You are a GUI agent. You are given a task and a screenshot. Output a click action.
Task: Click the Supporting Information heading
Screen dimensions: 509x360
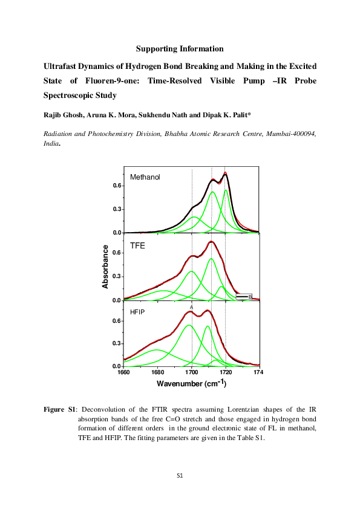click(180, 48)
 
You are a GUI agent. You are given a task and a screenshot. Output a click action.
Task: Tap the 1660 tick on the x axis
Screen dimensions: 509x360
click(123, 372)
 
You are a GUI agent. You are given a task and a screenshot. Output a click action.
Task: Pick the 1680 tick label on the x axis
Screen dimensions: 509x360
click(158, 372)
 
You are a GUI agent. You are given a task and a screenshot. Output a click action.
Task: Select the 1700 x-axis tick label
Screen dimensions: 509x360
click(192, 372)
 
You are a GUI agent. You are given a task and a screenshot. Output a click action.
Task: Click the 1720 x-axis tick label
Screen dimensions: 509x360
click(226, 372)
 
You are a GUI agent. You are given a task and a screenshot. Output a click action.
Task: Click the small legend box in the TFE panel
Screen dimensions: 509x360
click(244, 296)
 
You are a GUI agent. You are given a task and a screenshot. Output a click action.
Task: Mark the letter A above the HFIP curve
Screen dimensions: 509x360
click(192, 308)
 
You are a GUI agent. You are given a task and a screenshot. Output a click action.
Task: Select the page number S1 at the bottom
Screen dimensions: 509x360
click(180, 476)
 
